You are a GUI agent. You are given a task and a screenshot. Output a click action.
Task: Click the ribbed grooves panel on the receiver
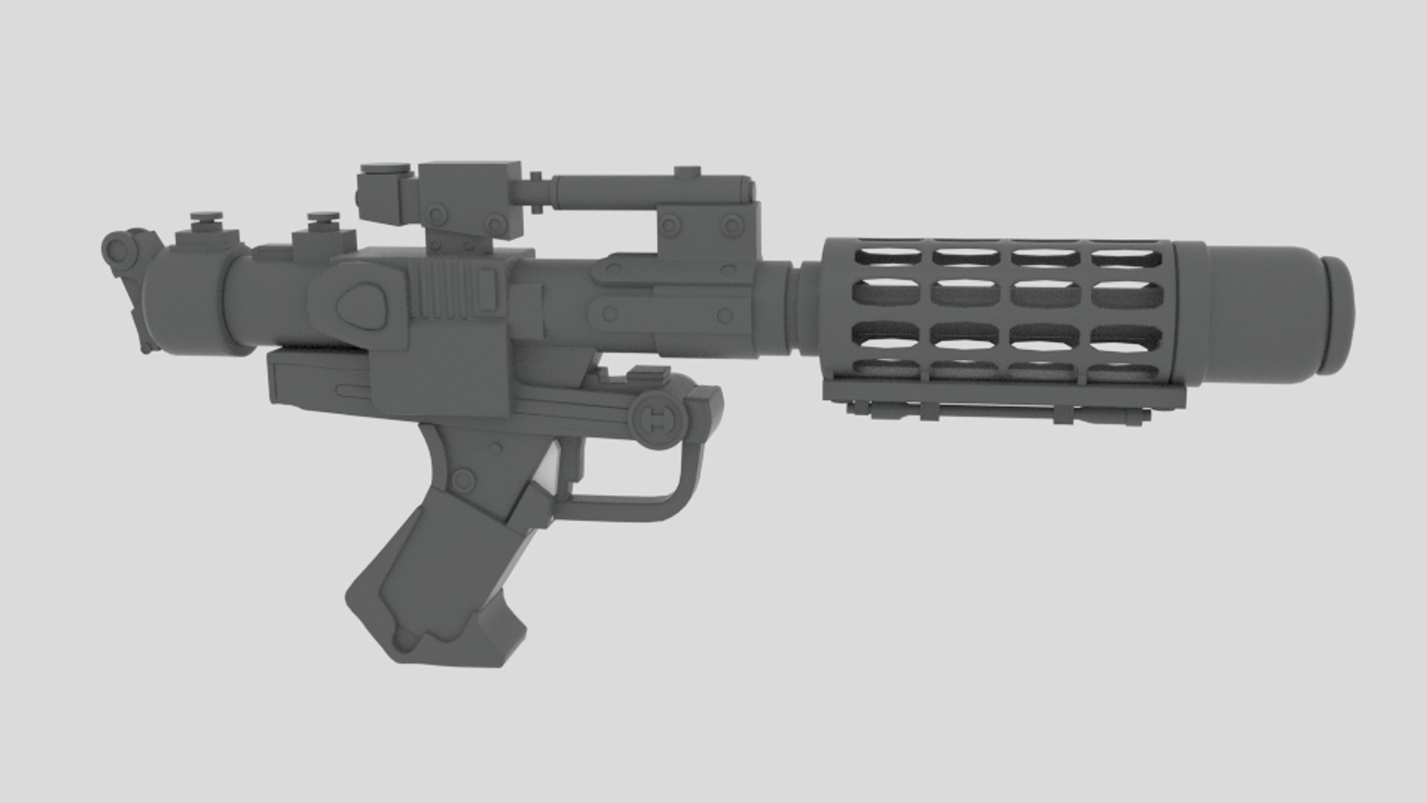442,289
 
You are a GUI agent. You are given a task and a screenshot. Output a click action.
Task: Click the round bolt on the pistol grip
463,481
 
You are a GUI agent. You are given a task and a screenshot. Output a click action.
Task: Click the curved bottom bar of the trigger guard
624,509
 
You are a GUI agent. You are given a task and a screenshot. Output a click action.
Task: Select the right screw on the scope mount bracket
731,225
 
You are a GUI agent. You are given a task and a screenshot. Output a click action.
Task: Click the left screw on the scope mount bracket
672,225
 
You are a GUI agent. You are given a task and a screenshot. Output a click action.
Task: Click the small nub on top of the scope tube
687,172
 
